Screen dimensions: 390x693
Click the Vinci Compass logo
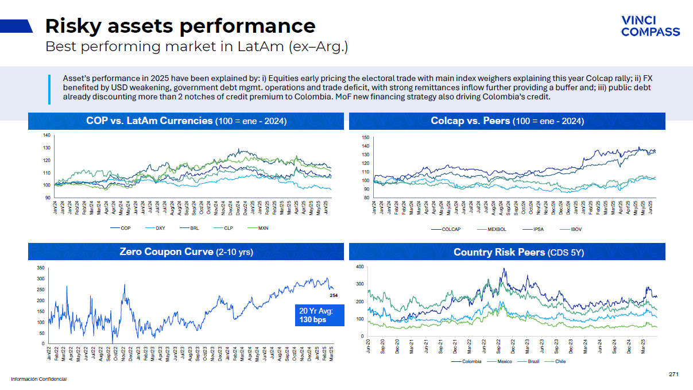[x=650, y=26]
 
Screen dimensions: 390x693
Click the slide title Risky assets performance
[x=180, y=26]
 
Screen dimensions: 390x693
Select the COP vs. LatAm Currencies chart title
[x=186, y=121]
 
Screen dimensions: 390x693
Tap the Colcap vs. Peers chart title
[x=507, y=121]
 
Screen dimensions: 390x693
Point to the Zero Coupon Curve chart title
[x=186, y=252]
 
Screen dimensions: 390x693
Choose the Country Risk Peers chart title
[x=507, y=252]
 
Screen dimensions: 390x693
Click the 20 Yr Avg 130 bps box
[x=317, y=315]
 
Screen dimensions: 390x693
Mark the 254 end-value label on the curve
[x=333, y=295]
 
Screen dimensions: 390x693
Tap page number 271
[x=673, y=374]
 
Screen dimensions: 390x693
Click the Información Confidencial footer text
[x=38, y=379]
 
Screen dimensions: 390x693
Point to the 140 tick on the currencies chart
[x=47, y=136]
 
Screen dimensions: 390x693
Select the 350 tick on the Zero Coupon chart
[x=40, y=268]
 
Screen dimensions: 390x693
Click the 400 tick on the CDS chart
[x=359, y=267]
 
